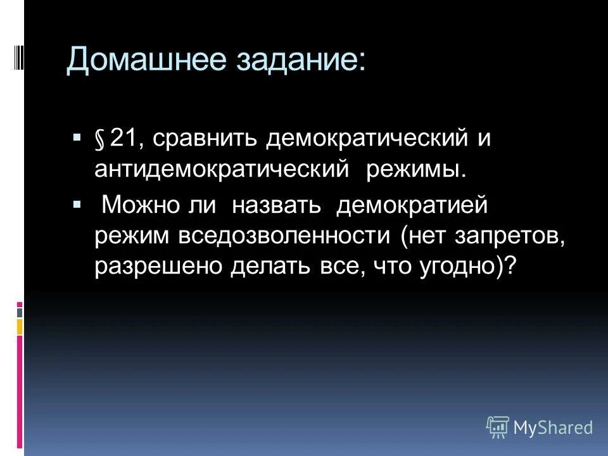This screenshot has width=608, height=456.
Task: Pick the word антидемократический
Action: (222, 170)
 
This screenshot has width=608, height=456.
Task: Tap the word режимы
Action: (417, 170)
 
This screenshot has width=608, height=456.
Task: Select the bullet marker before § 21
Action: (77, 137)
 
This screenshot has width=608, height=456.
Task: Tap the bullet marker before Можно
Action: (77, 204)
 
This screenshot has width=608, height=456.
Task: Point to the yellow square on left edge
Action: (20, 326)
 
